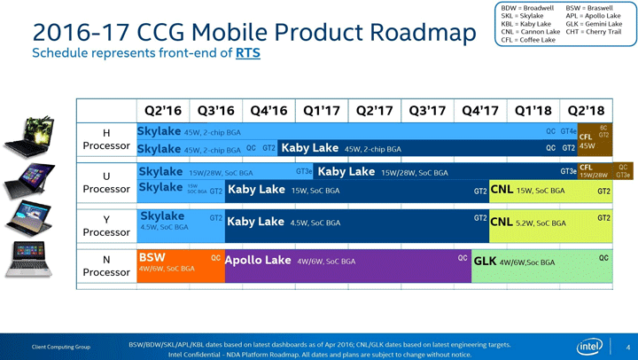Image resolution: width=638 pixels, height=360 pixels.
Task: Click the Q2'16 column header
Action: click(x=162, y=111)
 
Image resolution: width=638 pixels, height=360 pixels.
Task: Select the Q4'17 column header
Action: click(x=479, y=111)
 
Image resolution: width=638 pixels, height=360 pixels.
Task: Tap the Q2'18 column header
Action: click(x=585, y=111)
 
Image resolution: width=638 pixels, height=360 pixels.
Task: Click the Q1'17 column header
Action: click(x=321, y=111)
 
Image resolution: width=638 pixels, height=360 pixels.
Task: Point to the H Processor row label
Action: click(x=106, y=139)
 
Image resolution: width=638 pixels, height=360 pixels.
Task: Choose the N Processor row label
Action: click(x=106, y=265)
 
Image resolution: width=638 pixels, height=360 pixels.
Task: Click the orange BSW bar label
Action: click(x=152, y=258)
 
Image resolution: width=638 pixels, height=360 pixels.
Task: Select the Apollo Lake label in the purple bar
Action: click(x=258, y=261)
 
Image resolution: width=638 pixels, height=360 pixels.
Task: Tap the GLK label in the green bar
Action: click(x=485, y=262)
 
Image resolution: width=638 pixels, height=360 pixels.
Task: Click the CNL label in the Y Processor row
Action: click(x=502, y=223)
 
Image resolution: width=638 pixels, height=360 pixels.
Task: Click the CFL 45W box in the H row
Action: click(x=587, y=142)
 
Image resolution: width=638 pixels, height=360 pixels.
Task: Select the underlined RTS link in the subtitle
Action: click(x=247, y=53)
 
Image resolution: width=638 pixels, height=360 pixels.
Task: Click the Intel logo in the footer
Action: click(x=590, y=346)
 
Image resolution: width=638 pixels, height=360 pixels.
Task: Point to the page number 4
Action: click(x=627, y=346)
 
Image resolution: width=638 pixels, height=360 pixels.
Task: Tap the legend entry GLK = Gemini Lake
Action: click(x=593, y=24)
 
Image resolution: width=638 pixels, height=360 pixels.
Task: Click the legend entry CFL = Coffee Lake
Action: click(x=529, y=40)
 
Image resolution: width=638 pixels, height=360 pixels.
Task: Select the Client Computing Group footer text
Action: click(x=62, y=346)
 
